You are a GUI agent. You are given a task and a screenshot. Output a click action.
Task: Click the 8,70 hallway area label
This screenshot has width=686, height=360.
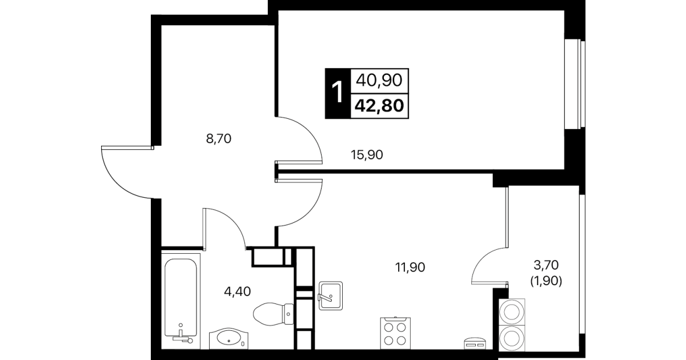coord(219,139)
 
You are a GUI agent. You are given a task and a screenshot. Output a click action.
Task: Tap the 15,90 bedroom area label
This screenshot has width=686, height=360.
coord(367,155)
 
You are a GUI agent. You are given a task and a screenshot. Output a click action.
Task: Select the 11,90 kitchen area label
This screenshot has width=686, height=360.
coord(410,267)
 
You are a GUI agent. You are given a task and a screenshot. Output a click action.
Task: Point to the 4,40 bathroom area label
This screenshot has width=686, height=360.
coord(238,291)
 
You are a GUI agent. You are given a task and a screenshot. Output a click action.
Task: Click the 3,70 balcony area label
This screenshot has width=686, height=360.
coord(546,265)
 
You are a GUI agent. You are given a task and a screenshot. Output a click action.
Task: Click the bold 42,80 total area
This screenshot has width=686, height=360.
coord(379,106)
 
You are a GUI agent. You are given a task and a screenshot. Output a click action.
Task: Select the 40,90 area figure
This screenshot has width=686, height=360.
coord(379,81)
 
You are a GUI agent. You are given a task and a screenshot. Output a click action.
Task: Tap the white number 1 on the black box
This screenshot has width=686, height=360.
coord(338,93)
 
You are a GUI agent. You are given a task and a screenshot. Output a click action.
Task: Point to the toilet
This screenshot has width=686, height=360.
coord(273,314)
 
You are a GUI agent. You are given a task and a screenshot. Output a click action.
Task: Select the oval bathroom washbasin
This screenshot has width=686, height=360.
coord(228,338)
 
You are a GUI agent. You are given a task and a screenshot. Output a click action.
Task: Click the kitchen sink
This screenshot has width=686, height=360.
coord(331,295)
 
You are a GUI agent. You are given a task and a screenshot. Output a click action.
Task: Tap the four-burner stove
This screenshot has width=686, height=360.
coord(395,333)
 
